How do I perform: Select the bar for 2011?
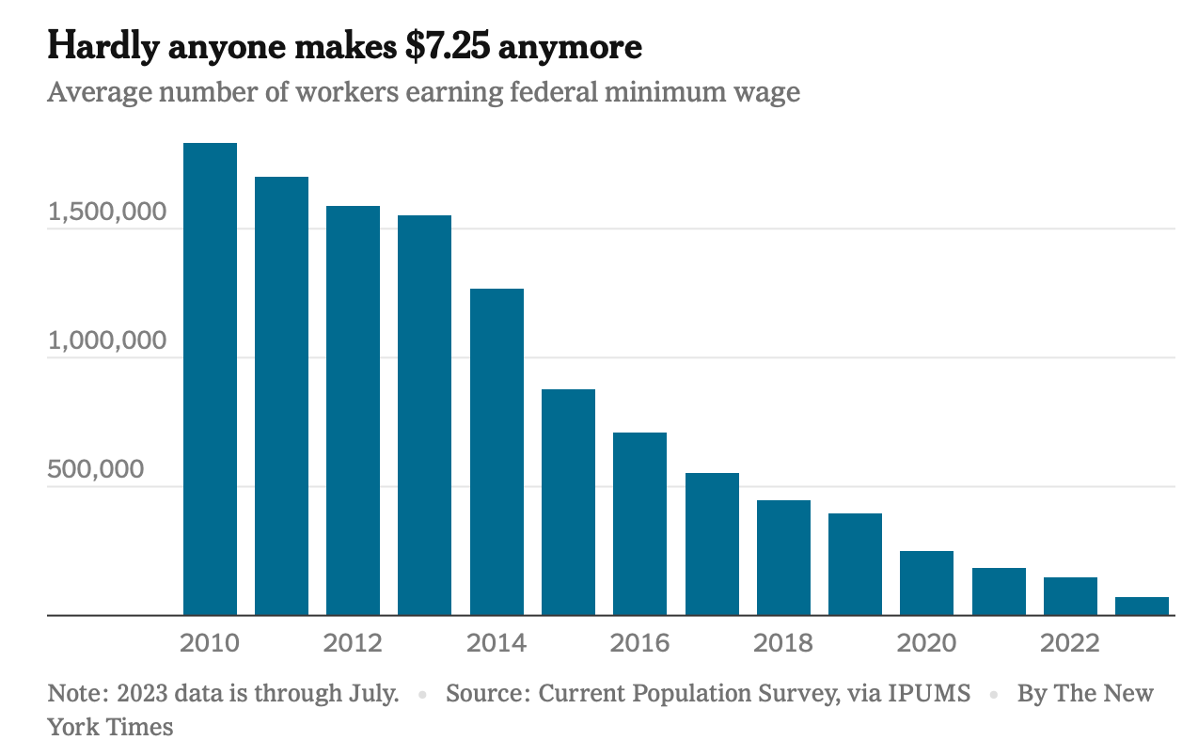[x=281, y=396]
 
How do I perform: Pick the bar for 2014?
[x=497, y=452]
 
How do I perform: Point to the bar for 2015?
[x=568, y=502]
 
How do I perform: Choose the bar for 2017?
[x=712, y=544]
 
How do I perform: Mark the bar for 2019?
[x=855, y=564]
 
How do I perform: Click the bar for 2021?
[x=999, y=591]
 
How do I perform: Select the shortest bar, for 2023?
[x=1142, y=606]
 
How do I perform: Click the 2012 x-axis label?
[x=353, y=644]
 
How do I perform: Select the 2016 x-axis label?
[x=639, y=644]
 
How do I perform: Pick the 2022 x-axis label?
[x=1070, y=644]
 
